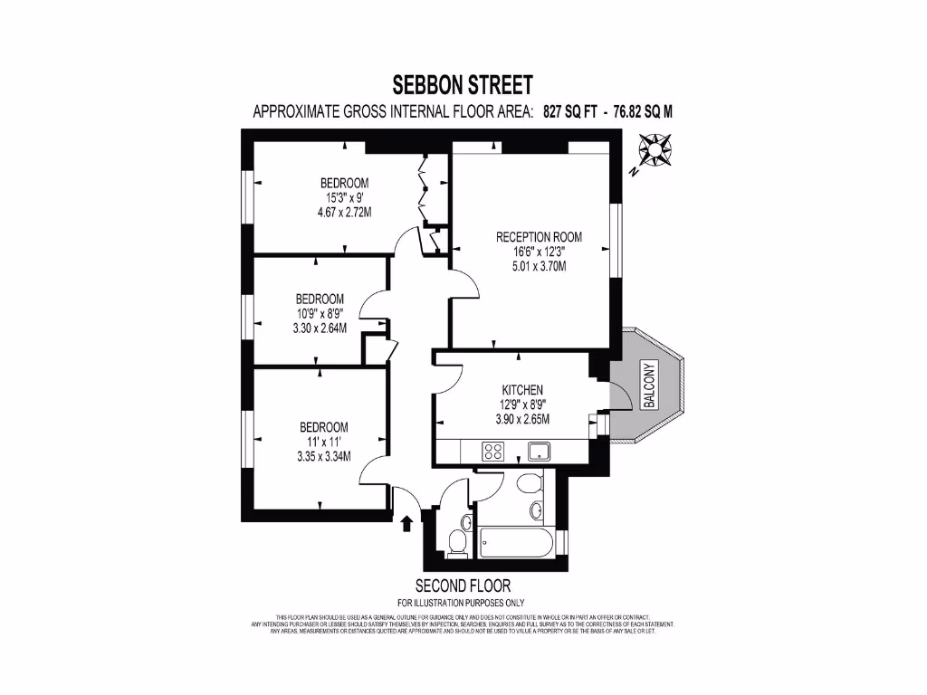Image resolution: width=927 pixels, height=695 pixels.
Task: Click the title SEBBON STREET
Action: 463,85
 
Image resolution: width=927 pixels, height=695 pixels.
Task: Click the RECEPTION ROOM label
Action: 539,237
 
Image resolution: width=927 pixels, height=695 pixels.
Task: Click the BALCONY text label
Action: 647,386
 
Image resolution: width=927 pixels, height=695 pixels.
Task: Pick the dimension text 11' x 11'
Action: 324,442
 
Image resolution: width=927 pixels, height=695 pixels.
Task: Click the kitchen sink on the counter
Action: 540,451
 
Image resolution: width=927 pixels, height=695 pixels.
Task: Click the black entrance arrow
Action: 406,523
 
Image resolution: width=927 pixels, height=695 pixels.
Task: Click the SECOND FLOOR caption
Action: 463,586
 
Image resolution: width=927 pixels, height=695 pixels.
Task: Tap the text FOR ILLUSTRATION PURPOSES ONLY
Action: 461,603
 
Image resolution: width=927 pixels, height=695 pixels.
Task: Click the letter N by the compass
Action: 635,170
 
